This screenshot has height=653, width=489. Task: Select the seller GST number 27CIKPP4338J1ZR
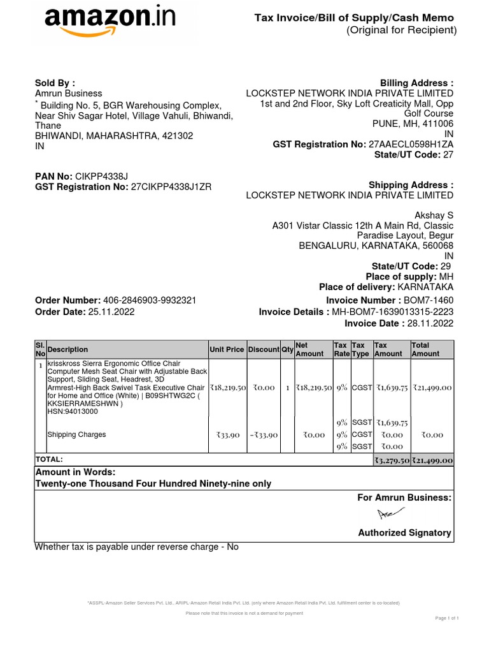[171, 187]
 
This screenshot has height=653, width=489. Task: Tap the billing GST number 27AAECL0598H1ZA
[411, 145]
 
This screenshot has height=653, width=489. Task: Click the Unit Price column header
[227, 349]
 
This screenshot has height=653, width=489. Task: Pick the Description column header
[68, 349]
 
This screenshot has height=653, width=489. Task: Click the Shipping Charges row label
[77, 435]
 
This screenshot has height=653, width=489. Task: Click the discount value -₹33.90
[264, 435]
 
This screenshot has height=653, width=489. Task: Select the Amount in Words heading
[75, 472]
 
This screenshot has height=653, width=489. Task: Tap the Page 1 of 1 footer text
[447, 618]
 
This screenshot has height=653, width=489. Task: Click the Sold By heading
[55, 83]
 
